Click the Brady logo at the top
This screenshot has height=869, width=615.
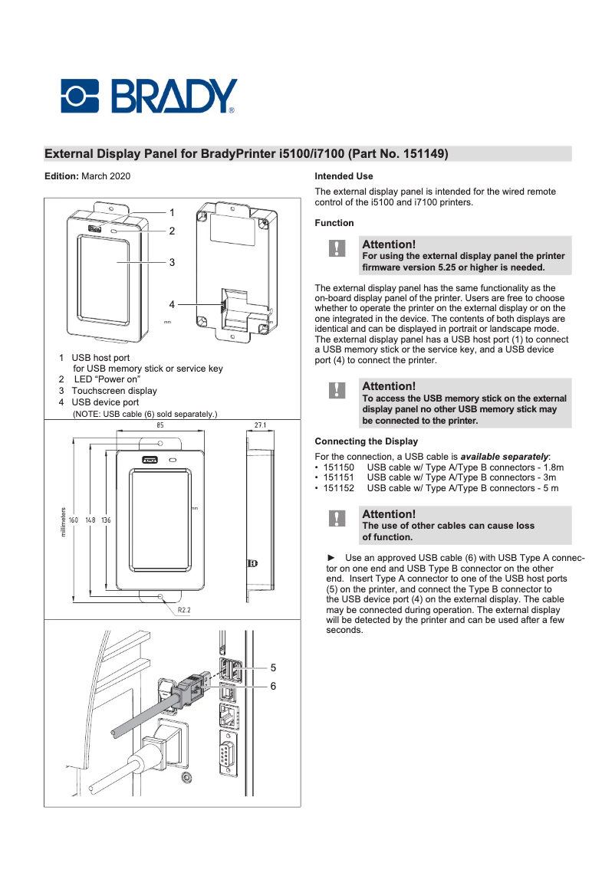click(x=149, y=97)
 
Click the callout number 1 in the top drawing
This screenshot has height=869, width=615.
click(x=173, y=212)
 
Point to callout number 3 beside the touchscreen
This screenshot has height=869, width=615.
click(x=173, y=262)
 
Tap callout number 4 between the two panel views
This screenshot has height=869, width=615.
click(x=173, y=304)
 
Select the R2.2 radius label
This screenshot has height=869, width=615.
click(x=184, y=611)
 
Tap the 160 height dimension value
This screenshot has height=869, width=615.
click(x=74, y=520)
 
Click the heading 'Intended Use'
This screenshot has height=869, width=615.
click(x=344, y=176)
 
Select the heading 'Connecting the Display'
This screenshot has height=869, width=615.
click(x=366, y=441)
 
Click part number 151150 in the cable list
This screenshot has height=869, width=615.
click(x=338, y=467)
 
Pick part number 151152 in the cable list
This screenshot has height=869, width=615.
click(x=338, y=488)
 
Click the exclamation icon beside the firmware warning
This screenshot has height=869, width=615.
click(x=336, y=248)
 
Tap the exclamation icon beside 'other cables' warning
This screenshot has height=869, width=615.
click(x=336, y=519)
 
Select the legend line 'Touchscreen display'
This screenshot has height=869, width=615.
click(x=113, y=391)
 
